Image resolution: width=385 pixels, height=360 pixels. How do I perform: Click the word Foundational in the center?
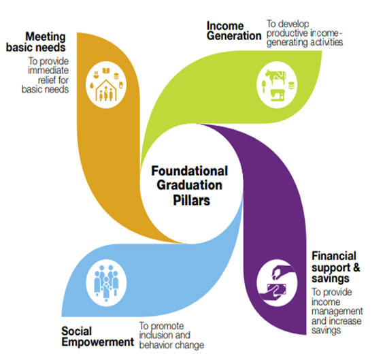[190, 171]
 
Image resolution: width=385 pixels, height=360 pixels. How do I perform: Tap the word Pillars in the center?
[192, 200]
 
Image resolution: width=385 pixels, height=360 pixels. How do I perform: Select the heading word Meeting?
[46, 37]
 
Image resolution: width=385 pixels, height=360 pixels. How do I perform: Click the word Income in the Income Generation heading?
[225, 26]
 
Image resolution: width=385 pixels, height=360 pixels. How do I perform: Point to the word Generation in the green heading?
[234, 36]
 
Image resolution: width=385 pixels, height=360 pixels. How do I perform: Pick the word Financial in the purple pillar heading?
[334, 256]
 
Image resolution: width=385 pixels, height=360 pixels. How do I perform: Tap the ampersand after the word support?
[356, 267]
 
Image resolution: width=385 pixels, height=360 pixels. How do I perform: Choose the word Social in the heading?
[77, 331]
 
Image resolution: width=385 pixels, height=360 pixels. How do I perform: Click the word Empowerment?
[98, 342]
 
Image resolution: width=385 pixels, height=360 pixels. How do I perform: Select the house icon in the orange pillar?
[106, 90]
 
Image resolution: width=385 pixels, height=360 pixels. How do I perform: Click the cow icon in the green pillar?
[275, 76]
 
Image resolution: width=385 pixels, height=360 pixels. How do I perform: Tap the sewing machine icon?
[278, 95]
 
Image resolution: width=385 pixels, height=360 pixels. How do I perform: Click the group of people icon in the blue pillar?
[106, 282]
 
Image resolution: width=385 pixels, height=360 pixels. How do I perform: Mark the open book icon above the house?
[106, 71]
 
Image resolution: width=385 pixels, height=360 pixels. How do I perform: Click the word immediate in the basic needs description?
[48, 70]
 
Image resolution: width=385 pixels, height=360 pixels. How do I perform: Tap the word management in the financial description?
[337, 312]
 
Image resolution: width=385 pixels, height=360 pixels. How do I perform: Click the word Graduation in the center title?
[189, 185]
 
